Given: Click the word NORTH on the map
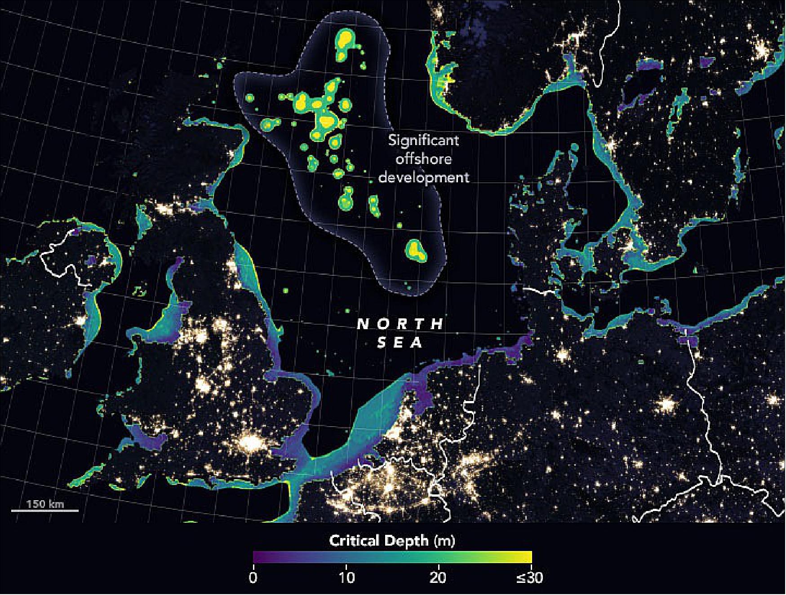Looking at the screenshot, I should click(400, 324).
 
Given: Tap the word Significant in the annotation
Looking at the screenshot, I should click(423, 141).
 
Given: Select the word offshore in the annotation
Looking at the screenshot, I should click(423, 159).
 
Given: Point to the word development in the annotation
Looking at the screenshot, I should click(423, 177).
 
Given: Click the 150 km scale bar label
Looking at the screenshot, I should click(45, 503).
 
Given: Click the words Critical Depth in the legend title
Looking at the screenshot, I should click(379, 540).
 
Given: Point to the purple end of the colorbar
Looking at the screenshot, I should click(256, 557).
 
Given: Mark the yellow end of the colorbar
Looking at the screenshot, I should click(529, 557).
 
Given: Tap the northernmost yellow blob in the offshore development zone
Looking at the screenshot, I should click(345, 40).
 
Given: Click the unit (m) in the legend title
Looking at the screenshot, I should click(444, 540).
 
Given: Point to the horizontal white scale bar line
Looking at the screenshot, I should click(45, 511).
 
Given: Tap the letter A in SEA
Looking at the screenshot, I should click(418, 343).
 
